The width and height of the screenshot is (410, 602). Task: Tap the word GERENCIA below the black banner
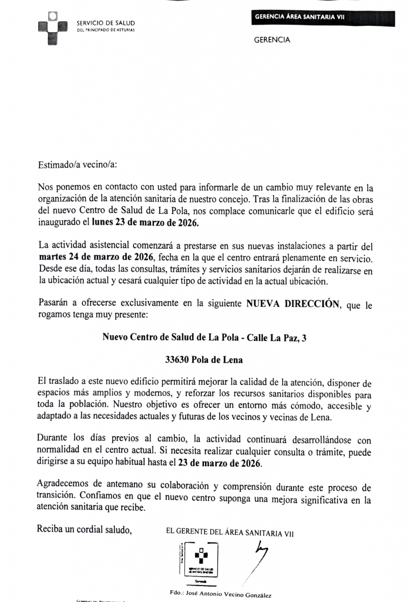point(272,41)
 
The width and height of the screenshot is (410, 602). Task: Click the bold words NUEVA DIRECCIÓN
point(293,304)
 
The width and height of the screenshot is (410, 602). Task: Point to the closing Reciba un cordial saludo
point(84,529)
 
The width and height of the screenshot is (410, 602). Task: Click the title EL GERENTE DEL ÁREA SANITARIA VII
point(230,534)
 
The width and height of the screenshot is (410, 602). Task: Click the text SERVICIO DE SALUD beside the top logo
point(106,23)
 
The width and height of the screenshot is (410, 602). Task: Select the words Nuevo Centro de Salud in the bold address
point(149,337)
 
